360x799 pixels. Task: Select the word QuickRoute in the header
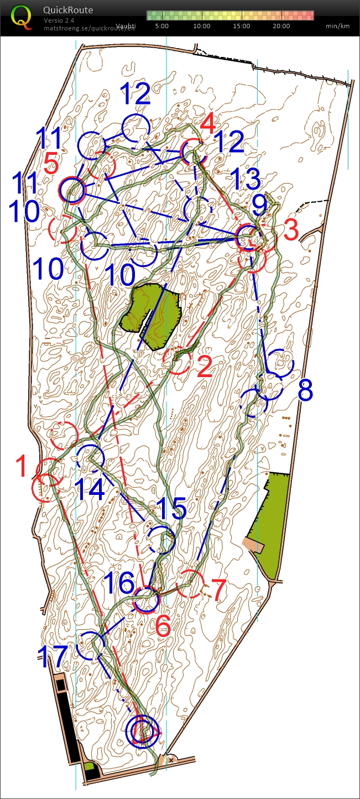pos(68,10)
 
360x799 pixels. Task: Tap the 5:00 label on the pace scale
pos(162,26)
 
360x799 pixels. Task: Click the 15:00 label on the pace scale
pos(241,26)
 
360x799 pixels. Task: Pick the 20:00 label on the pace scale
pos(281,26)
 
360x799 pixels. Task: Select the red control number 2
pos(204,367)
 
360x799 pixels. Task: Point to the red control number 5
pos(51,164)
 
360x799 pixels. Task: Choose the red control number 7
pos(219,590)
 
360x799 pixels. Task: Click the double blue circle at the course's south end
pos(142,730)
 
